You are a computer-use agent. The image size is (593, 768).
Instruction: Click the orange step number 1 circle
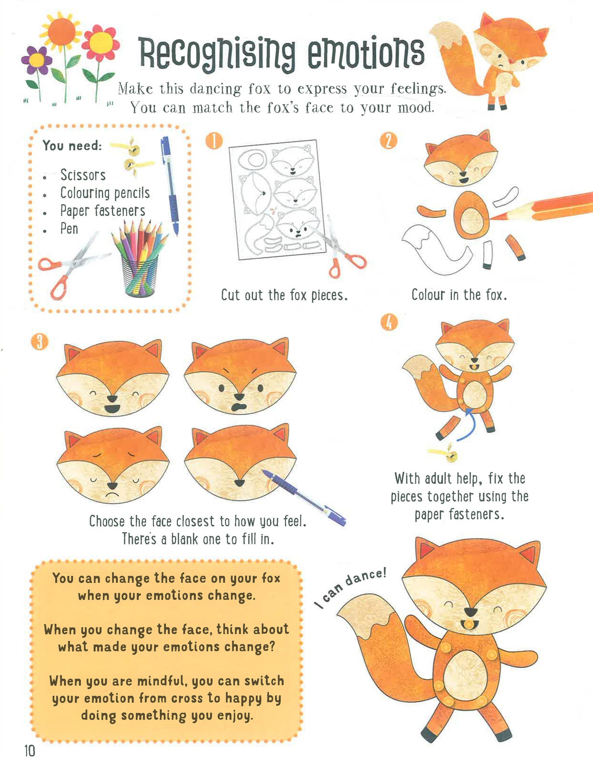(x=214, y=141)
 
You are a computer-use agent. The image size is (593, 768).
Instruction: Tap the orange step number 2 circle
(x=388, y=141)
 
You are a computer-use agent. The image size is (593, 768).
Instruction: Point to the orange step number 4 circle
(x=389, y=322)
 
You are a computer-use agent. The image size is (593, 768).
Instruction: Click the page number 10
(x=30, y=751)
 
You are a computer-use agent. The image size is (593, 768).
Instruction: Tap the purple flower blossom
(x=37, y=60)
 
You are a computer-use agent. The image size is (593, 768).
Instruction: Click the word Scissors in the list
(x=83, y=175)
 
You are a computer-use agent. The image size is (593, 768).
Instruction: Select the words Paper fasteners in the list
(x=102, y=211)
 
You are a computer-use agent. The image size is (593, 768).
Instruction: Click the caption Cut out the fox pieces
(x=284, y=295)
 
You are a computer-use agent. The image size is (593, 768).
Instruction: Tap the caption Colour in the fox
(x=459, y=295)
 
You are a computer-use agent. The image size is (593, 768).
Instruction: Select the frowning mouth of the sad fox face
(x=112, y=495)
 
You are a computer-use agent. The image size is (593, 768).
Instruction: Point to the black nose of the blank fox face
(x=240, y=483)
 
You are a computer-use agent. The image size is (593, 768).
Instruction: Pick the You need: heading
(x=72, y=146)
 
